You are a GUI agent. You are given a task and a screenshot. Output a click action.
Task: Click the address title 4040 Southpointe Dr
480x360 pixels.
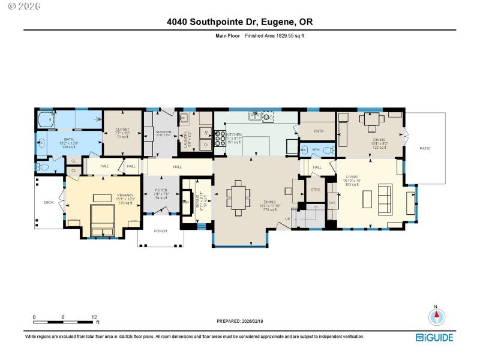coord(240,22)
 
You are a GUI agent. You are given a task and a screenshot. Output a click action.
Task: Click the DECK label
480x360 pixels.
coord(49,203)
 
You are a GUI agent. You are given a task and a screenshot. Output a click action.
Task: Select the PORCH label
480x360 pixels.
coord(161,231)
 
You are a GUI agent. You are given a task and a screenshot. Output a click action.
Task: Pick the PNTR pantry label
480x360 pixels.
coord(319,131)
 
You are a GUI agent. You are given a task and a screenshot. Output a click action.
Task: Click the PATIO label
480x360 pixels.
coord(425,148)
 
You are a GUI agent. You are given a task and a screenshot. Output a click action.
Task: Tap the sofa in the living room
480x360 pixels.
coord(385,196)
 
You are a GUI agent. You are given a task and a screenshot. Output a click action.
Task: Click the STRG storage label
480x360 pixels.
coord(316,190)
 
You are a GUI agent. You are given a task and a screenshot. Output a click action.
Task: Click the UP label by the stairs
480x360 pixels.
coord(288,219)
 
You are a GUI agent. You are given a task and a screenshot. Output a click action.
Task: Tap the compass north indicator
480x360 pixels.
coord(437,316)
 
